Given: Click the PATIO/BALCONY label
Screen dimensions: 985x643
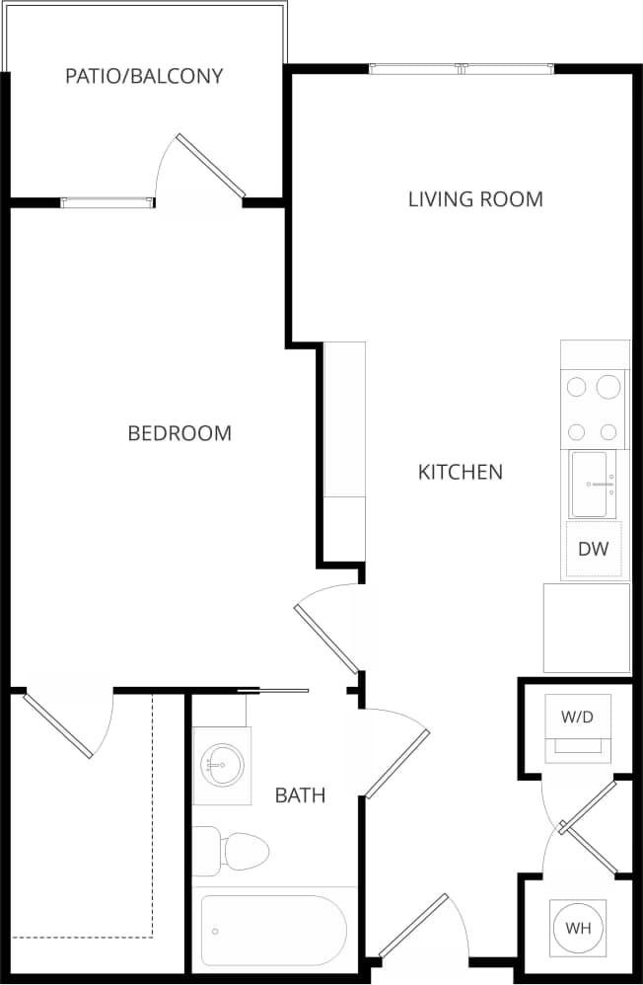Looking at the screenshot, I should [x=144, y=76].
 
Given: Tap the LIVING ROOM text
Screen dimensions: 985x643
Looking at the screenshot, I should [x=475, y=199].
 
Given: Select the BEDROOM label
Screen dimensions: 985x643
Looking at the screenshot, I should [x=179, y=433].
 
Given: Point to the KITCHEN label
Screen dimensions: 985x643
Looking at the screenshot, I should [x=461, y=472].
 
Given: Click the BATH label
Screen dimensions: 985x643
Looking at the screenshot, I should [x=300, y=796].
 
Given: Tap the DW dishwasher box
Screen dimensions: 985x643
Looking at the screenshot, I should [x=594, y=550].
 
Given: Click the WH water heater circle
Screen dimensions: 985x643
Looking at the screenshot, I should [x=578, y=928].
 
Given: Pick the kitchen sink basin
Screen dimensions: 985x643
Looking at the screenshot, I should [x=595, y=485].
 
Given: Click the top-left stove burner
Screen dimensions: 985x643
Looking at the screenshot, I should [x=577, y=387].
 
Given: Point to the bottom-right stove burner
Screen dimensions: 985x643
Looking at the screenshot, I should [x=609, y=431].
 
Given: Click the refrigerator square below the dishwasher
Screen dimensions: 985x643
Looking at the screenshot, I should [x=587, y=628].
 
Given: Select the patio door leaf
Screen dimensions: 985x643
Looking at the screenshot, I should [x=211, y=166].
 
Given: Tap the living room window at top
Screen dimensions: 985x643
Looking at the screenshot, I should [x=463, y=69].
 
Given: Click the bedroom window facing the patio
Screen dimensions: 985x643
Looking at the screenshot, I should [x=107, y=202].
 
